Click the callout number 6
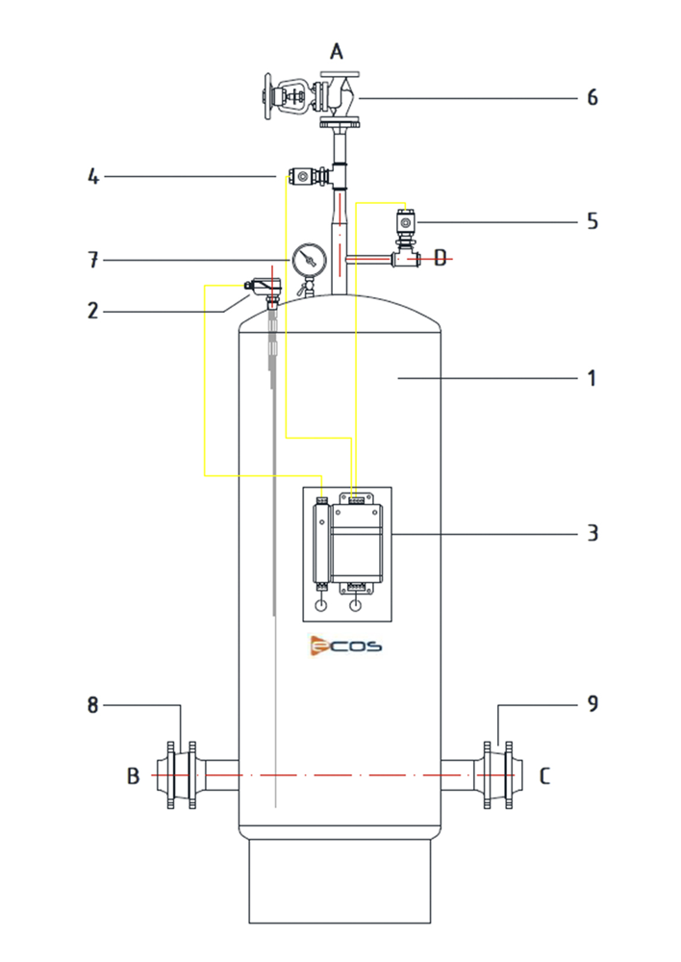tap(593, 97)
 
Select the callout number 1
tap(593, 378)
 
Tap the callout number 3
tap(593, 533)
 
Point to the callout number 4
tap(92, 177)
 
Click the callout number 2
tap(92, 311)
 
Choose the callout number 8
tap(92, 705)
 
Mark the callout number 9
tap(593, 704)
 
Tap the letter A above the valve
tap(337, 51)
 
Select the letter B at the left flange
tap(133, 776)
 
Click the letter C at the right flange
tap(544, 776)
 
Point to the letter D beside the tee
tap(440, 258)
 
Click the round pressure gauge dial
tap(307, 260)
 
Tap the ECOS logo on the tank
tap(346, 646)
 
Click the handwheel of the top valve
tap(267, 97)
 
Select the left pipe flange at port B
tap(182, 775)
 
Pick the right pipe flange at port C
tap(499, 775)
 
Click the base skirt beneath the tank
tap(340, 881)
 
